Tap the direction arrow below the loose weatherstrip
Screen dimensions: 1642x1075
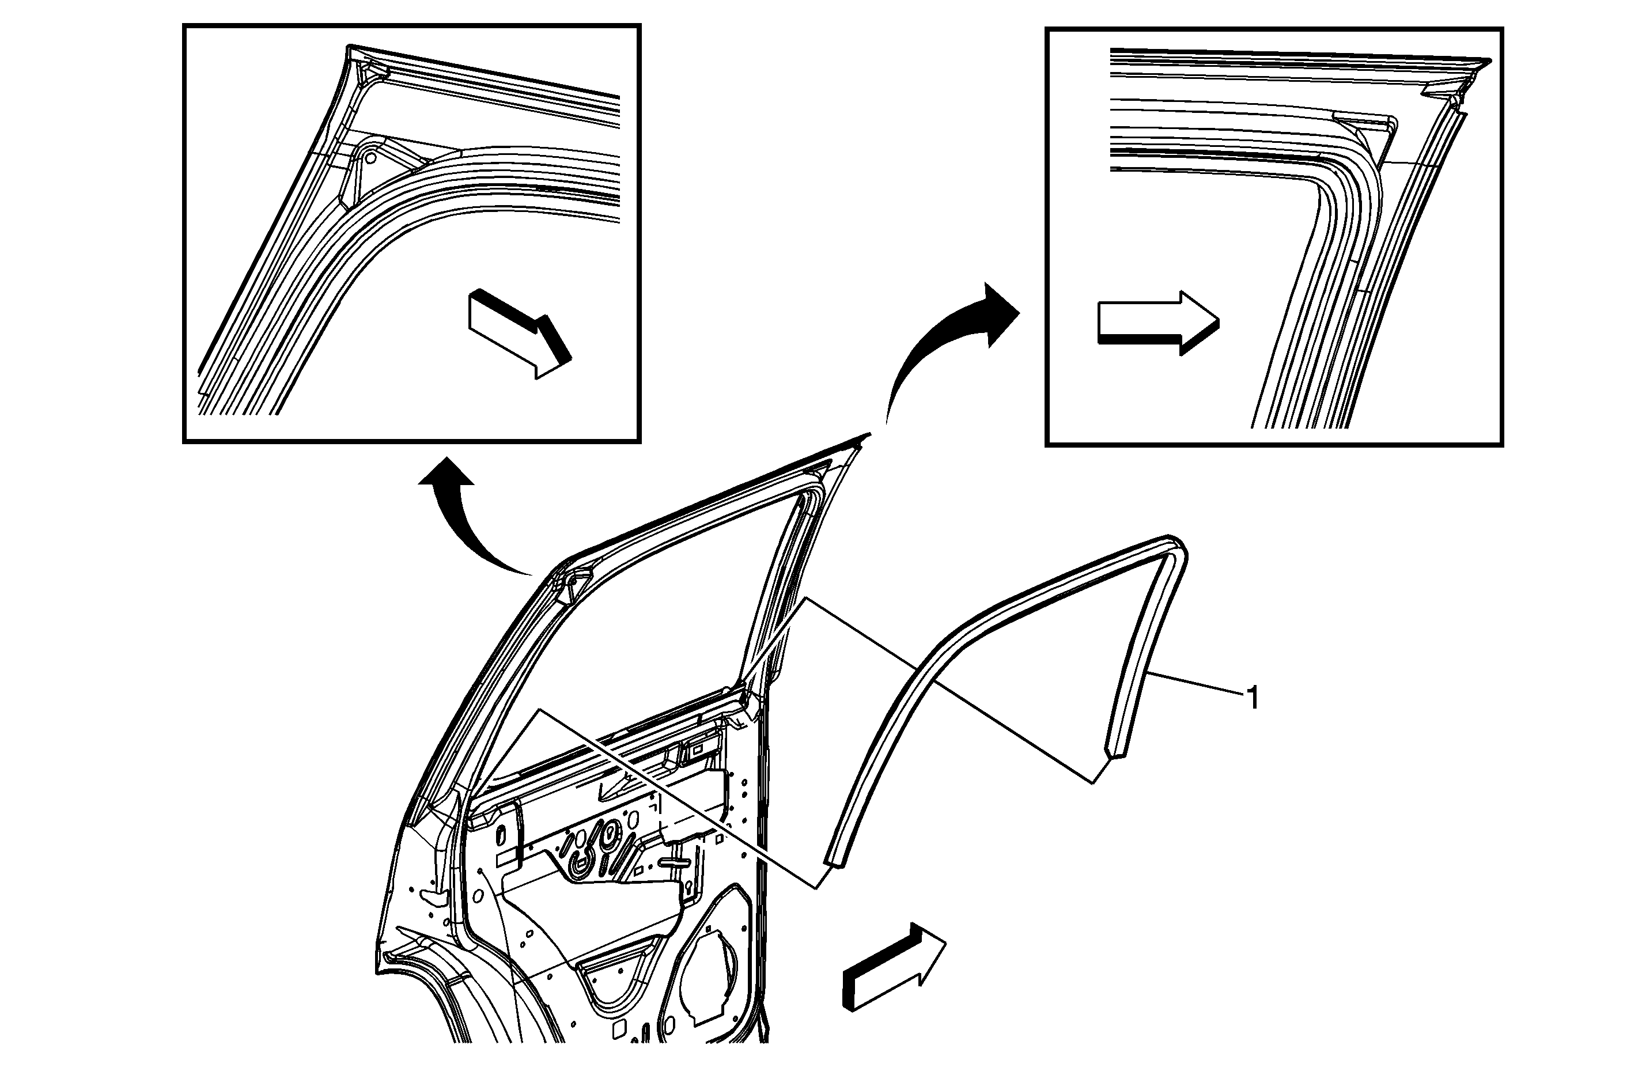click(x=894, y=967)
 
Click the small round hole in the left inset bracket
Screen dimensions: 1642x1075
click(x=370, y=157)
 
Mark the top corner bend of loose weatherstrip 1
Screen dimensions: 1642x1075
click(x=1173, y=545)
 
